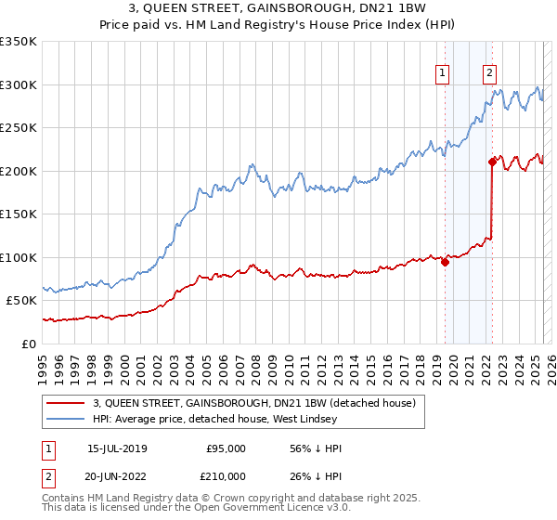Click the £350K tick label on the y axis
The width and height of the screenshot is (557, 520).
19,42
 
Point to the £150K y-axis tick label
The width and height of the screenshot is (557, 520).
19,214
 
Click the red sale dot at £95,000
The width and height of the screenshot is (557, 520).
445,262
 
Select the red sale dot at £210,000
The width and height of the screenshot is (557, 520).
492,162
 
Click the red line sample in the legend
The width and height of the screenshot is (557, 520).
65,402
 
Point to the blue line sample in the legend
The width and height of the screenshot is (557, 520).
65,419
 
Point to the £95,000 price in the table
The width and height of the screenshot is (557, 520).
226,449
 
